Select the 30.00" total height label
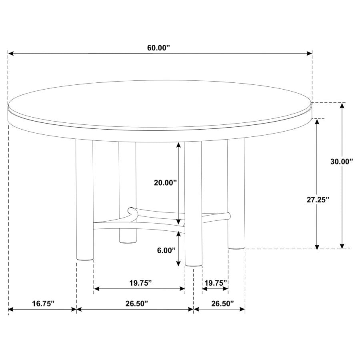[342, 162]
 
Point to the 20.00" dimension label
[165, 183]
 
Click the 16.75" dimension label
[43, 304]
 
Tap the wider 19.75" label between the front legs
[140, 283]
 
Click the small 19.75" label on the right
[216, 283]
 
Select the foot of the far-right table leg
[236, 246]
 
